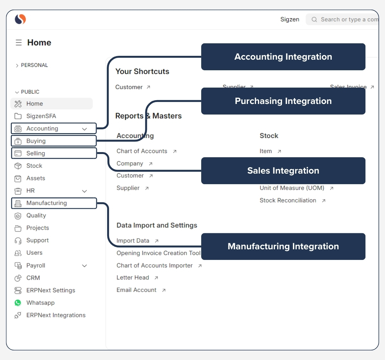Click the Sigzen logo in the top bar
[x=20, y=19]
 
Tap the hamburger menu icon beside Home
[x=19, y=43]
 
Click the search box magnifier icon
[x=314, y=20]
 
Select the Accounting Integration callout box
[x=283, y=57]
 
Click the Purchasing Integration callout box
[x=283, y=101]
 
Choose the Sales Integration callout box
[x=283, y=171]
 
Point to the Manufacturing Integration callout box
[x=283, y=246]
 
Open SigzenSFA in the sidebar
[x=41, y=116]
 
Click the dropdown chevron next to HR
[x=84, y=191]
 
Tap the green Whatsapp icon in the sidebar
[x=18, y=303]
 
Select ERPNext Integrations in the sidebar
[x=56, y=315]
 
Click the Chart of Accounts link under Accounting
[x=142, y=151]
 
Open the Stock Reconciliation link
[x=288, y=201]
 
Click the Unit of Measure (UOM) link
[x=292, y=188]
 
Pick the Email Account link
[x=136, y=290]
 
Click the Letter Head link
[x=133, y=278]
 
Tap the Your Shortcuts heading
[x=142, y=72]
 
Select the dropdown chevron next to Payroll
[x=84, y=266]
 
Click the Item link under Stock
[x=266, y=151]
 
